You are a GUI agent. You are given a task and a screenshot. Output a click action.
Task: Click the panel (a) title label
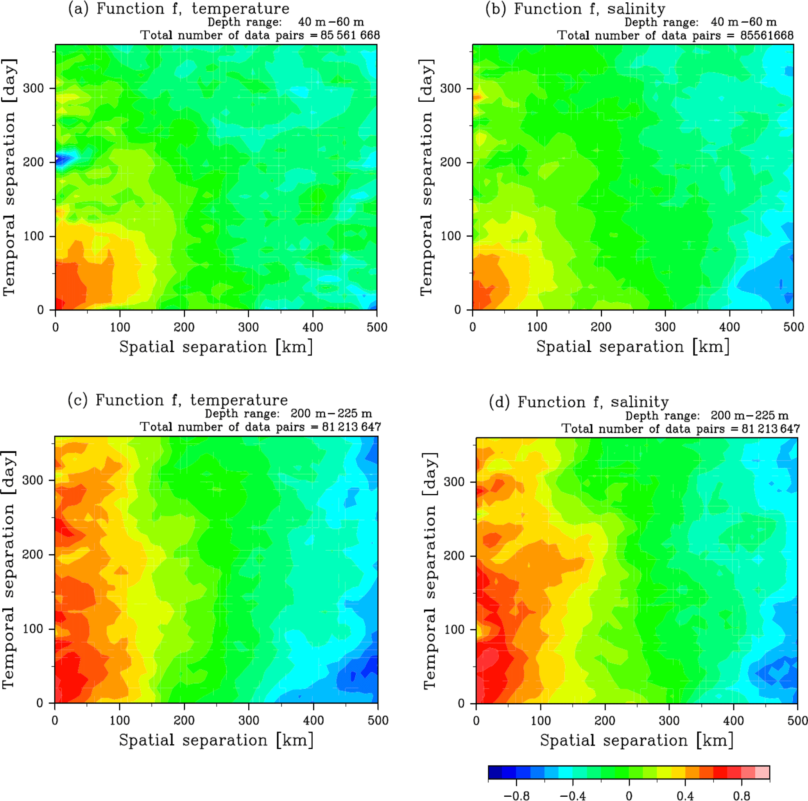179,9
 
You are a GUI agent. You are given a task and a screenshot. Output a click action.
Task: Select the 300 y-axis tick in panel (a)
34,88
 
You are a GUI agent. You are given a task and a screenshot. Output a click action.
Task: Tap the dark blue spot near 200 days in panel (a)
62,159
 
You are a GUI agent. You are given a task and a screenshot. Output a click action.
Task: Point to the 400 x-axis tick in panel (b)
729,327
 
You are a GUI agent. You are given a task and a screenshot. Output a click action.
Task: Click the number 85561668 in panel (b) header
767,36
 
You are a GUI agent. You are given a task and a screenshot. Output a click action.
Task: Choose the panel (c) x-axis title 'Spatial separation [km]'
216,740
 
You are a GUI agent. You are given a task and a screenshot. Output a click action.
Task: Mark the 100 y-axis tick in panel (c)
33,629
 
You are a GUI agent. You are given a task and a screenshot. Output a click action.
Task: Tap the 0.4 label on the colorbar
685,796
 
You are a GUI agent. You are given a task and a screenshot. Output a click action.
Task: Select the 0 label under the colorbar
629,796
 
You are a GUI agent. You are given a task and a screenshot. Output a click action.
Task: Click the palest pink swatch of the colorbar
762,772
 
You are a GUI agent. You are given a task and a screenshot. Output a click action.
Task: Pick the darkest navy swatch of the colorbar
495,772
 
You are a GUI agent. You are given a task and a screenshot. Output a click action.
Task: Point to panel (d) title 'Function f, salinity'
579,402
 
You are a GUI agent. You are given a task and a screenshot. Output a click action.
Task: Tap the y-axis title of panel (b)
426,178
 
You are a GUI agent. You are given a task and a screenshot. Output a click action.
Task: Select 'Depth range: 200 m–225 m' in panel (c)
288,414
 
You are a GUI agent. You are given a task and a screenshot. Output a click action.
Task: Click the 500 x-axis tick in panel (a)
377,327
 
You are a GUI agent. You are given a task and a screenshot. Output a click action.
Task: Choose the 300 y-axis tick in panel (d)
455,482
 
